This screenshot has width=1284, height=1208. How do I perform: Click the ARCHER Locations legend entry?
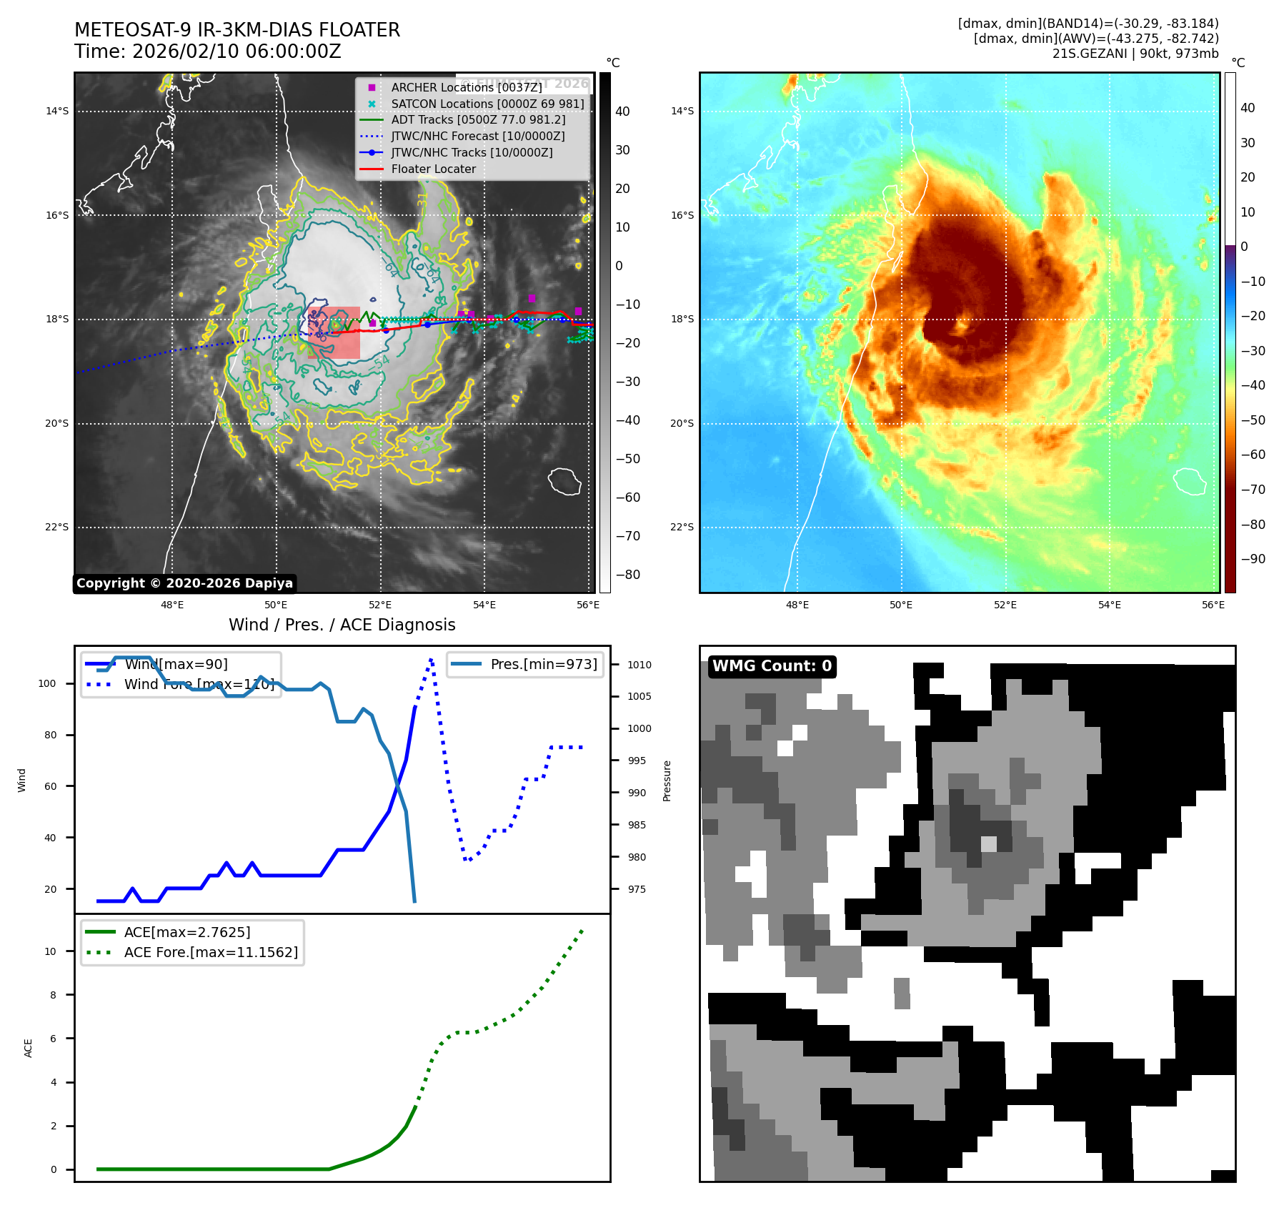[x=466, y=87]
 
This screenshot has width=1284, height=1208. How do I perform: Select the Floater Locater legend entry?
[x=433, y=169]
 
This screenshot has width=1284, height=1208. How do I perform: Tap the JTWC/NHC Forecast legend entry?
[x=477, y=136]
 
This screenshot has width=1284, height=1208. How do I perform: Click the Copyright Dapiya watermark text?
[x=184, y=583]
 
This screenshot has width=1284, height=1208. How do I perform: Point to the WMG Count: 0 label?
[x=772, y=666]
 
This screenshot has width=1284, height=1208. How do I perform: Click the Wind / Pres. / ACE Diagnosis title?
[x=342, y=625]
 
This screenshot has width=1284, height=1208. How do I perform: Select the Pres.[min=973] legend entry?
[x=543, y=664]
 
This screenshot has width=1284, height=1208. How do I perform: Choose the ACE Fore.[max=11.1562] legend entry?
[x=211, y=952]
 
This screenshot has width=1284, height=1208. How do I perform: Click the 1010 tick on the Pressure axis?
[x=639, y=665]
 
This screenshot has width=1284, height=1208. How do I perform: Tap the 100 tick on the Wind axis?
[x=47, y=683]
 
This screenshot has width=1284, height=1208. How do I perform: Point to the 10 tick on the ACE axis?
[x=51, y=951]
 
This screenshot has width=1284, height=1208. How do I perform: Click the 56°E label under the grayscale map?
[x=587, y=605]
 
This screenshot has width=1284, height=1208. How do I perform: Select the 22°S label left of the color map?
[x=682, y=528]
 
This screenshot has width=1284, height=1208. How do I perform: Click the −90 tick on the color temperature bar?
[x=1253, y=559]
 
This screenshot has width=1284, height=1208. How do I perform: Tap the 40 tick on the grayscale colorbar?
[x=622, y=112]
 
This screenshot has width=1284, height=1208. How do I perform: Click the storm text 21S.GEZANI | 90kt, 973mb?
[x=1135, y=54]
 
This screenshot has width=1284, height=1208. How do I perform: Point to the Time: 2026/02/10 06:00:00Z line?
[x=207, y=51]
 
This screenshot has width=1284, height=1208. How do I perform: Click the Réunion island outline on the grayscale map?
[x=564, y=481]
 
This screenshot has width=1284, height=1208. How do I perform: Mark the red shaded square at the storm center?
[x=334, y=332]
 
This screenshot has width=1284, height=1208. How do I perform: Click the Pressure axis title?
[x=667, y=781]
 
